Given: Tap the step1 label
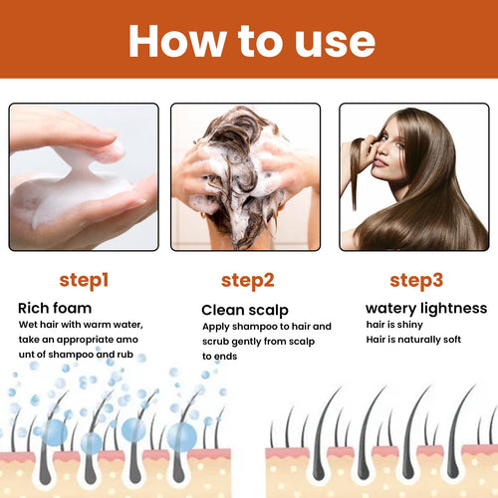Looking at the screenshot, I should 84,280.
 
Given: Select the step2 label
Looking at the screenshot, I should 246,280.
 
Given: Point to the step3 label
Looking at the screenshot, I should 415,280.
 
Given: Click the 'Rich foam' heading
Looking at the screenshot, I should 55,308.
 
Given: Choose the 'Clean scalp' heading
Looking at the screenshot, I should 244,310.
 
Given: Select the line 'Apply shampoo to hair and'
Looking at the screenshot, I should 267,326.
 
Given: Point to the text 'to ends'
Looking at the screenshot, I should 222,355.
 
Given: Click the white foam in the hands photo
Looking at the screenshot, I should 65,189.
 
